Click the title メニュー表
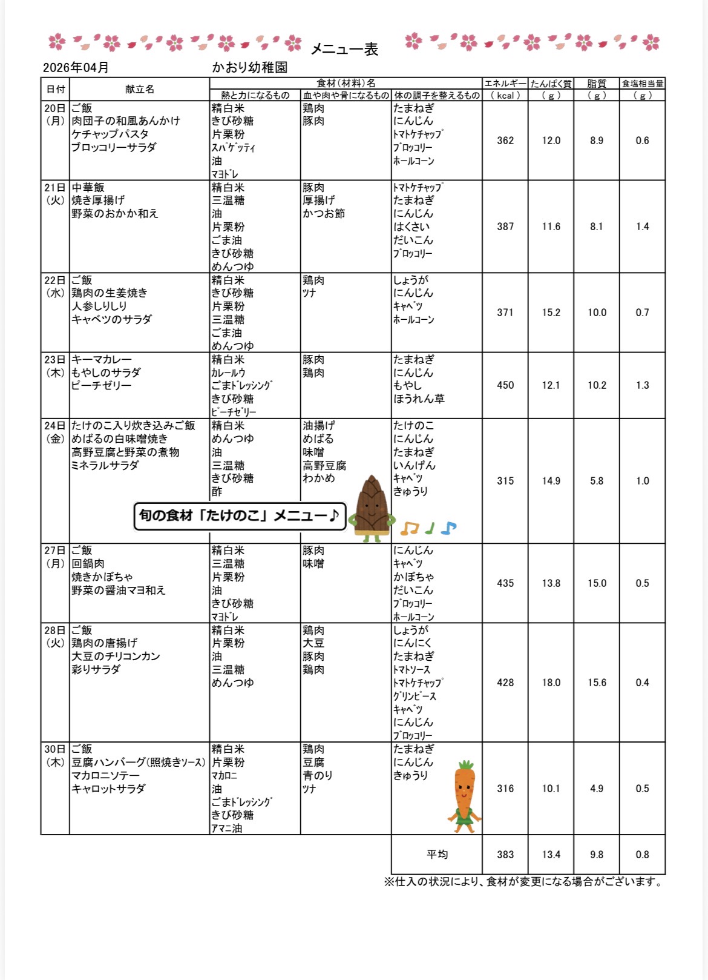(x=344, y=49)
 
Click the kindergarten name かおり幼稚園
(x=249, y=67)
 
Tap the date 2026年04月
(x=76, y=67)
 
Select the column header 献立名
(x=140, y=89)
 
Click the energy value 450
(x=505, y=385)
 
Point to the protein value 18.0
(x=551, y=683)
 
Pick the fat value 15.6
(x=597, y=683)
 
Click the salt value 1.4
(x=642, y=227)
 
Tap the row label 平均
(x=437, y=854)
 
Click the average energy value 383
(x=505, y=855)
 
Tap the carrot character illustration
(x=465, y=795)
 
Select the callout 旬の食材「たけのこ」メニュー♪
(x=240, y=516)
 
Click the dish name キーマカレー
(x=102, y=359)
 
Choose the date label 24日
(x=54, y=426)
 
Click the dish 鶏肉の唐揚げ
(x=105, y=643)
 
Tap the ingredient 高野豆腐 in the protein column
(x=324, y=465)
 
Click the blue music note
(x=448, y=528)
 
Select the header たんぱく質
(x=551, y=84)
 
